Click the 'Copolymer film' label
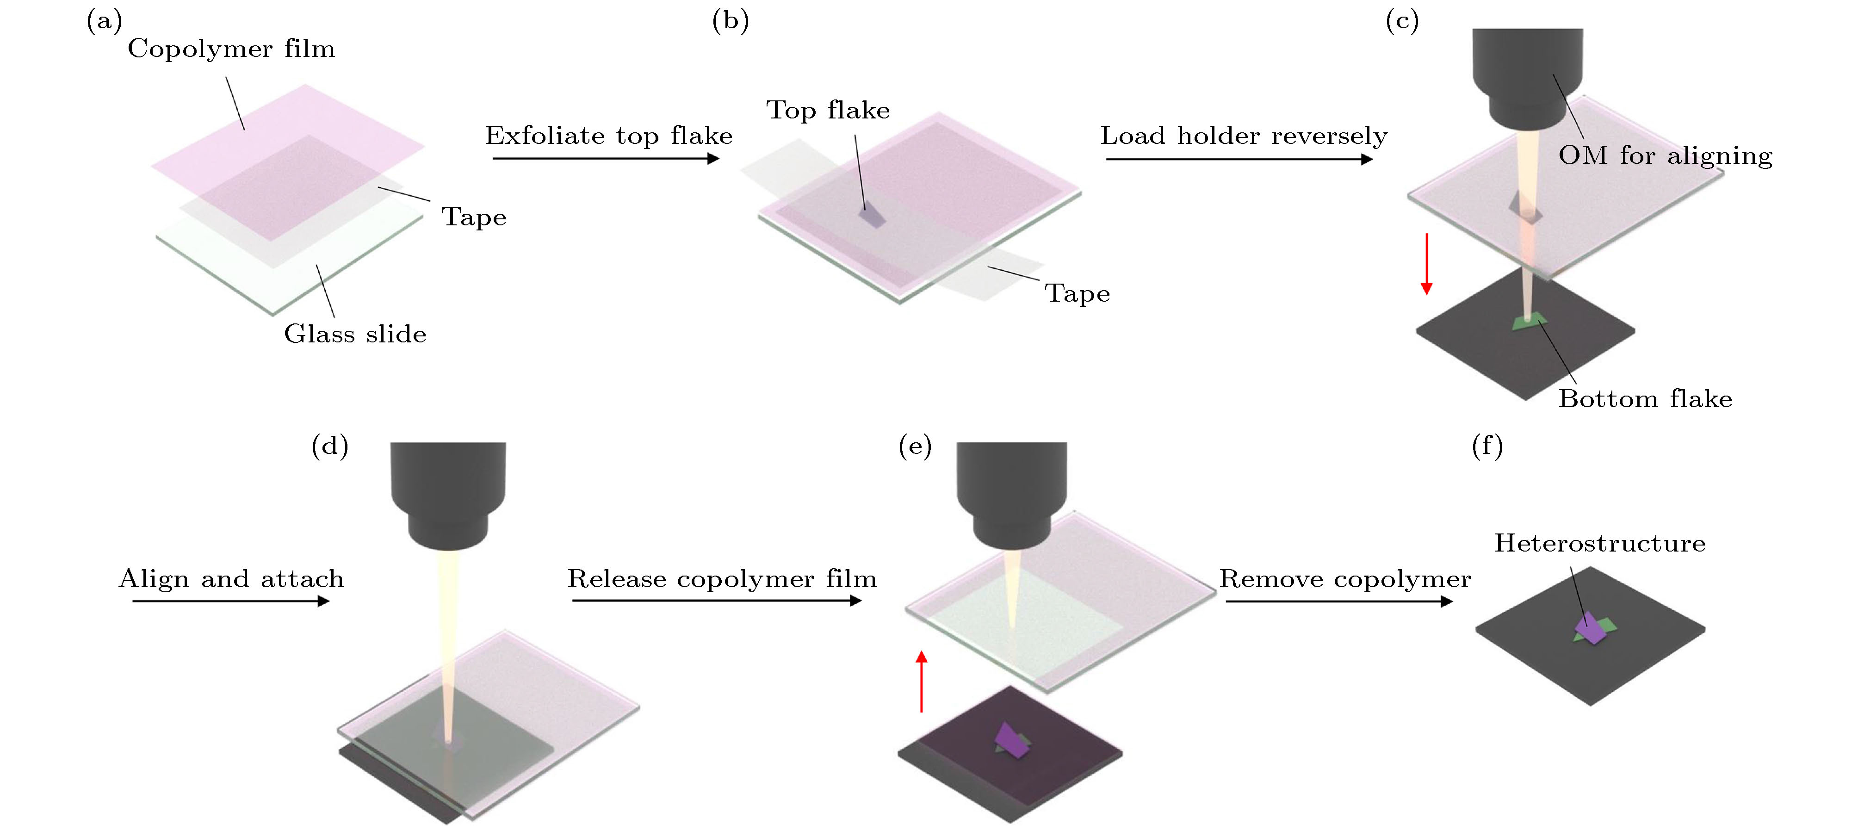[x=231, y=49]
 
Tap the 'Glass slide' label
[x=355, y=334]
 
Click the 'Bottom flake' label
[x=1645, y=399]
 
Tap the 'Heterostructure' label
[x=1599, y=543]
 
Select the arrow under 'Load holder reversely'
[x=1239, y=159]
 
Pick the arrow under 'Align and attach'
[x=231, y=601]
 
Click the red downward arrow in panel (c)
[x=1426, y=263]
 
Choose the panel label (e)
[x=915, y=447]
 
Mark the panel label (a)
[x=104, y=22]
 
